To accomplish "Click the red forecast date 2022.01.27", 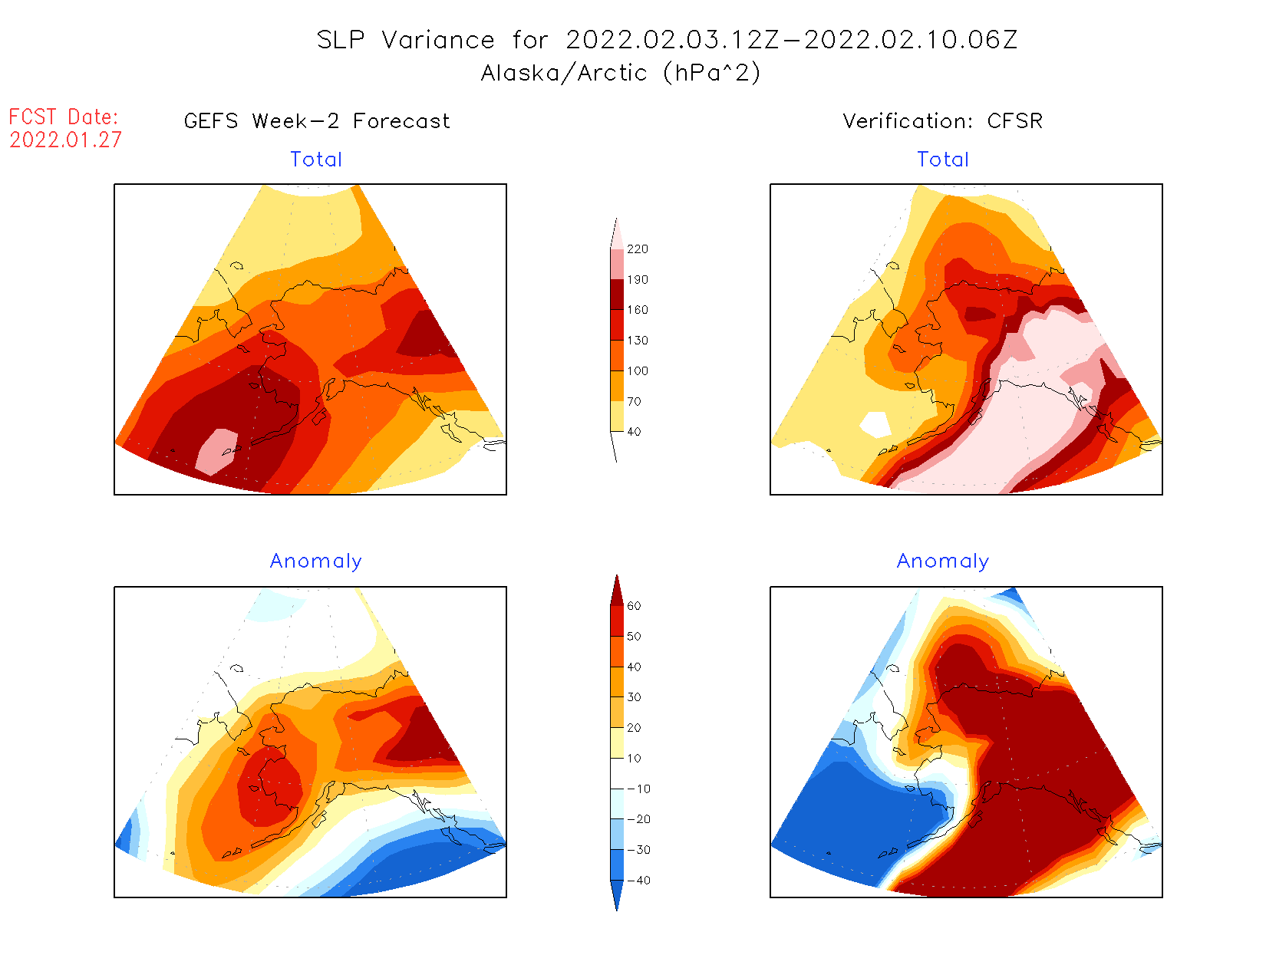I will pos(65,140).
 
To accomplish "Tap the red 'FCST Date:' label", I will pos(64,117).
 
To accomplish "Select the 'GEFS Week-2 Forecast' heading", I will pos(317,121).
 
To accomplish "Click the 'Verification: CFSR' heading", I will pos(942,121).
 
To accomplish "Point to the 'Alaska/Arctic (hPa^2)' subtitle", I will pos(621,73).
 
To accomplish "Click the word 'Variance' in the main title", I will pos(438,40).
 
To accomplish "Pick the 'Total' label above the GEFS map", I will pos(316,160).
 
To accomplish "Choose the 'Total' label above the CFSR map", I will pos(943,160).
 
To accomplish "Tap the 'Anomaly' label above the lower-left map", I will pos(315,561).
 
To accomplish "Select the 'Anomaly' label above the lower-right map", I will pos(943,561).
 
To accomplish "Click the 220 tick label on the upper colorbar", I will pos(637,249).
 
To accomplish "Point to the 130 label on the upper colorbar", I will pos(637,341).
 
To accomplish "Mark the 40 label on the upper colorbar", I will pos(634,432).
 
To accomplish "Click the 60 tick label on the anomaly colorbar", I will pos(634,606).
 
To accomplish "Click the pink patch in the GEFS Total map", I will pos(217,450).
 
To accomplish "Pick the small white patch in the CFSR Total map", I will pos(875,423).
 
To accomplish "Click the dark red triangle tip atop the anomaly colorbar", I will pos(617,588).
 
